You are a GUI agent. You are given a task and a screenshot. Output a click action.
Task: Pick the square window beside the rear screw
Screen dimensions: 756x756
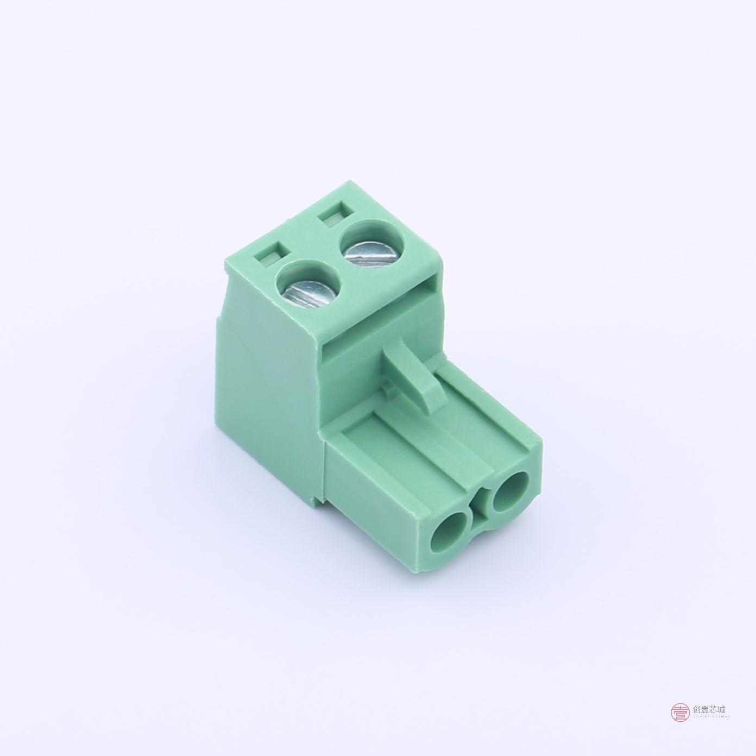pyautogui.click(x=333, y=214)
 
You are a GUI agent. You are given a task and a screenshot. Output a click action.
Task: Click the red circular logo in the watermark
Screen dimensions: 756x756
pyautogui.click(x=679, y=712)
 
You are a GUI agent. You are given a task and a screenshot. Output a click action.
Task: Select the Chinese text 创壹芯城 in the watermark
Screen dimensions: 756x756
pyautogui.click(x=709, y=709)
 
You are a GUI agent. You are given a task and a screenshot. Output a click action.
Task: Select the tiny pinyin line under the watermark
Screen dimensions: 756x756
pyautogui.click(x=709, y=718)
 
